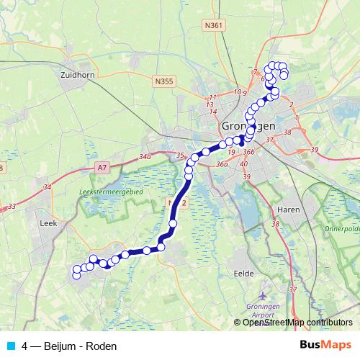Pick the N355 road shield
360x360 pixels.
163,82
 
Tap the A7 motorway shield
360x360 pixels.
104,166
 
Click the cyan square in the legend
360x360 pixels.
9,346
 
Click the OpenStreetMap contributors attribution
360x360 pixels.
297,323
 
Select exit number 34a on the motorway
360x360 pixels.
145,156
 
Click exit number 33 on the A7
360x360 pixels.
12,207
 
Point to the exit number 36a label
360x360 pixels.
221,164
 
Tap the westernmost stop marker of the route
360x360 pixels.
76,275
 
